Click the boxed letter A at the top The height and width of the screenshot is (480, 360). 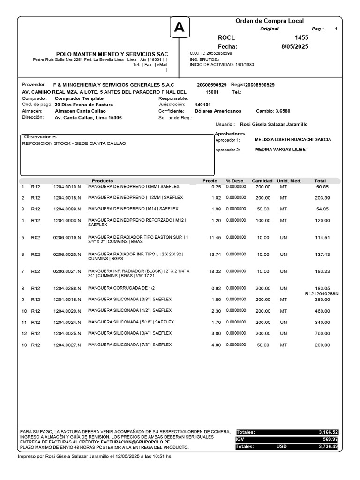coord(179,29)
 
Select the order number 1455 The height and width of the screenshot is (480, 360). coord(301,37)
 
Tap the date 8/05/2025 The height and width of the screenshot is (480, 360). coord(295,46)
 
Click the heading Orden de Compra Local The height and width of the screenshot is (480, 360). coord(269,21)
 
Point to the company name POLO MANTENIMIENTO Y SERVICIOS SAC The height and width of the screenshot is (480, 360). coord(112,54)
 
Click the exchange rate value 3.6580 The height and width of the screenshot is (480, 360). coord(282,111)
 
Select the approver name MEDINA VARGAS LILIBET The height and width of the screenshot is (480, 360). coord(281,150)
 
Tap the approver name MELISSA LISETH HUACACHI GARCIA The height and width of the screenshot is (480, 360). coord(292,140)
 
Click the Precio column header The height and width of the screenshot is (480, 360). coord(210,181)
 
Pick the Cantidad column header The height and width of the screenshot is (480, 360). coord(262,181)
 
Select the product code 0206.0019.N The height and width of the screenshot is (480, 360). coord(67,238)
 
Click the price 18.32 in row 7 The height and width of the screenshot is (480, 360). coord(215,271)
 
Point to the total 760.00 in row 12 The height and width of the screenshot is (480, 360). coord(322,334)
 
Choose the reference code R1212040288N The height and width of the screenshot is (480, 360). coord(322,294)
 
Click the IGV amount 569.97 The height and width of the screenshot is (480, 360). coord(328,439)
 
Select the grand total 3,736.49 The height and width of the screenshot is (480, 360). coord(328,447)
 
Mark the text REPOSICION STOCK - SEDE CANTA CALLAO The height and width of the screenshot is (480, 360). coord(74,143)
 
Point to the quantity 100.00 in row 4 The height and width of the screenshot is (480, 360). coord(262,221)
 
